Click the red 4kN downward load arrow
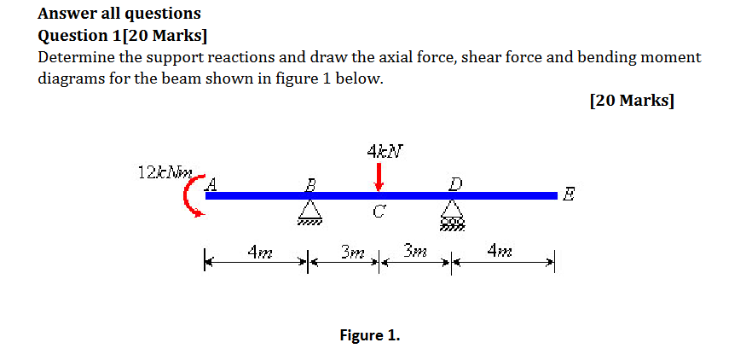point(378,177)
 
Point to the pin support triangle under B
point(310,210)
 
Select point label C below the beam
point(377,212)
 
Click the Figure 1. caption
point(369,335)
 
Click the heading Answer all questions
point(120,14)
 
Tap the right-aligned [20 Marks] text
point(631,101)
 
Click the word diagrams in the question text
point(72,79)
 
